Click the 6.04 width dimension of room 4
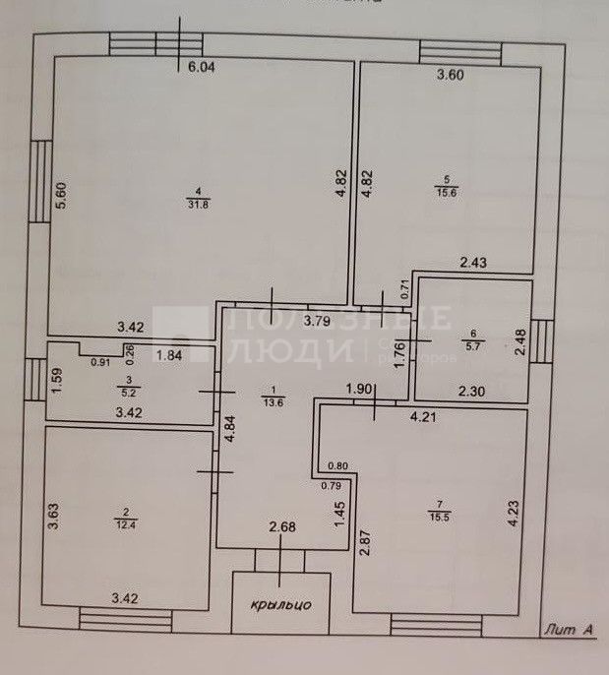point(201,68)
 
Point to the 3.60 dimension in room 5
point(450,75)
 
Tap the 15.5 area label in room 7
point(434,516)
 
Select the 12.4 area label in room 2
point(125,519)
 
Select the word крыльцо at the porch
point(280,604)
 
